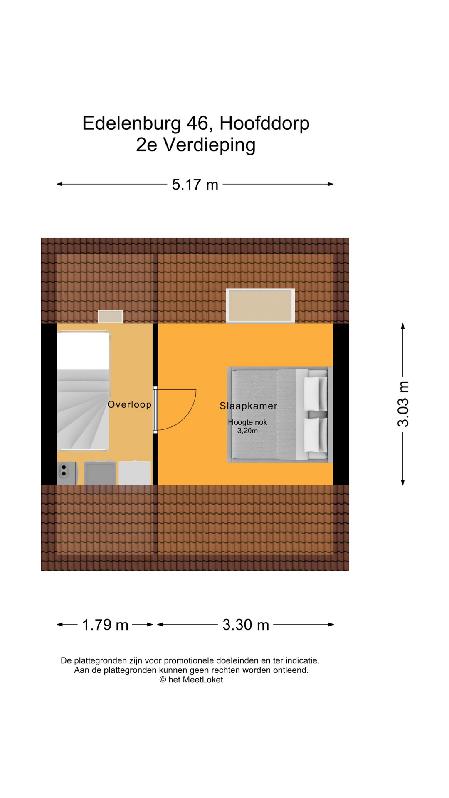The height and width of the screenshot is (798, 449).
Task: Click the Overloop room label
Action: (x=129, y=404)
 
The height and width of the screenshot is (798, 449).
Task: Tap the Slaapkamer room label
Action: (x=248, y=406)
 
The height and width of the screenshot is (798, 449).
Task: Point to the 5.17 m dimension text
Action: (x=195, y=185)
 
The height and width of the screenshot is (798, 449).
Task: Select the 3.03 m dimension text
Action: (x=403, y=404)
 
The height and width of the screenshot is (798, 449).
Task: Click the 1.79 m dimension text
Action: (x=105, y=625)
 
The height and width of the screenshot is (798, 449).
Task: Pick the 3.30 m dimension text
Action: (x=246, y=625)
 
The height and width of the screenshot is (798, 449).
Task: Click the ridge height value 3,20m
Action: (x=247, y=431)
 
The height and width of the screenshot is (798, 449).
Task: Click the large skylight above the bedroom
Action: (x=260, y=305)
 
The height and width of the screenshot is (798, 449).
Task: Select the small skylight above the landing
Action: (x=110, y=316)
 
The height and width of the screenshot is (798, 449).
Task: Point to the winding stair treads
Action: (x=83, y=409)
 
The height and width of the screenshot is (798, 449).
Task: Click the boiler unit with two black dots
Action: (x=67, y=473)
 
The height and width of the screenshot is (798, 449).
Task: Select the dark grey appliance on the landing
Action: (x=100, y=473)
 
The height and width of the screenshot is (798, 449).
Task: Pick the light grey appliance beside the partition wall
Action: (x=135, y=473)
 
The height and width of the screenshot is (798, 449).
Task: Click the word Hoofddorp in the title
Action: (x=264, y=123)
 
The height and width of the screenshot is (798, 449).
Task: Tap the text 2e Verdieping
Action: (x=195, y=145)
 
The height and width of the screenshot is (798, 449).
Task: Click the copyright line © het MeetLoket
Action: (x=191, y=680)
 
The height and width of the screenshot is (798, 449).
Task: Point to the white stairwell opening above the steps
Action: (x=83, y=351)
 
